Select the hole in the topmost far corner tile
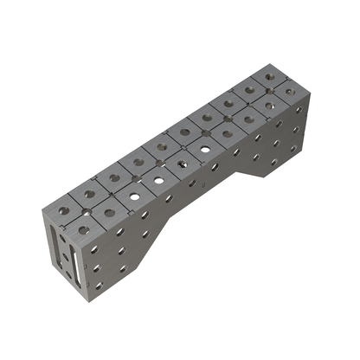270,76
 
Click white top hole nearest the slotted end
135,196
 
